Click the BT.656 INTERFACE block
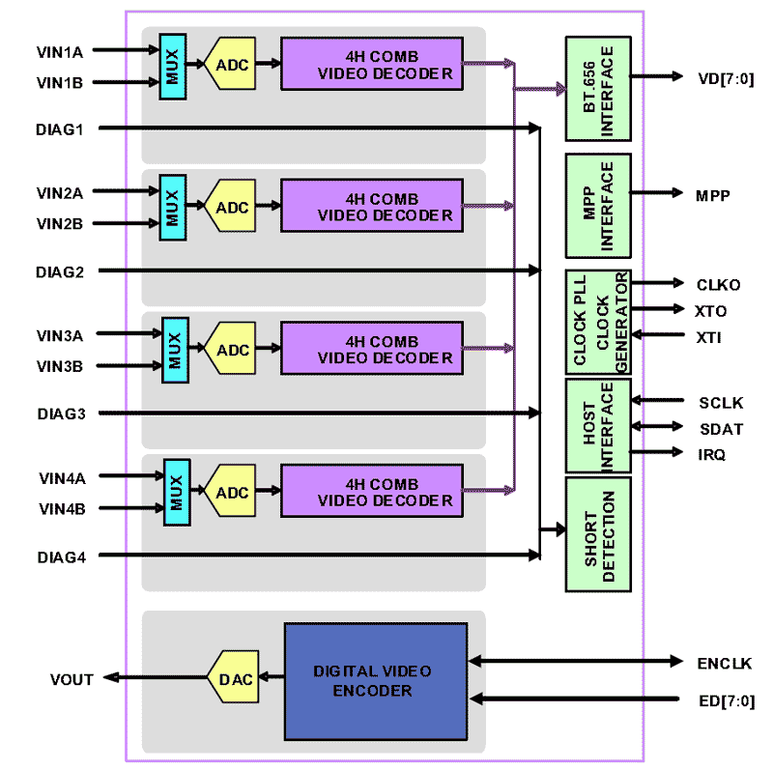click(597, 89)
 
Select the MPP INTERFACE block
click(597, 206)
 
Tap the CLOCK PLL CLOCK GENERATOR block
click(597, 322)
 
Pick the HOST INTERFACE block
click(597, 426)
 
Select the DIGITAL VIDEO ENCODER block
click(375, 680)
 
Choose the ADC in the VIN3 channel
click(233, 350)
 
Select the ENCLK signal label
click(724, 663)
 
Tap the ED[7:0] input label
click(725, 700)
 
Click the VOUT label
click(72, 679)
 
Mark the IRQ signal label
click(712, 454)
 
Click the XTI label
click(708, 337)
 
